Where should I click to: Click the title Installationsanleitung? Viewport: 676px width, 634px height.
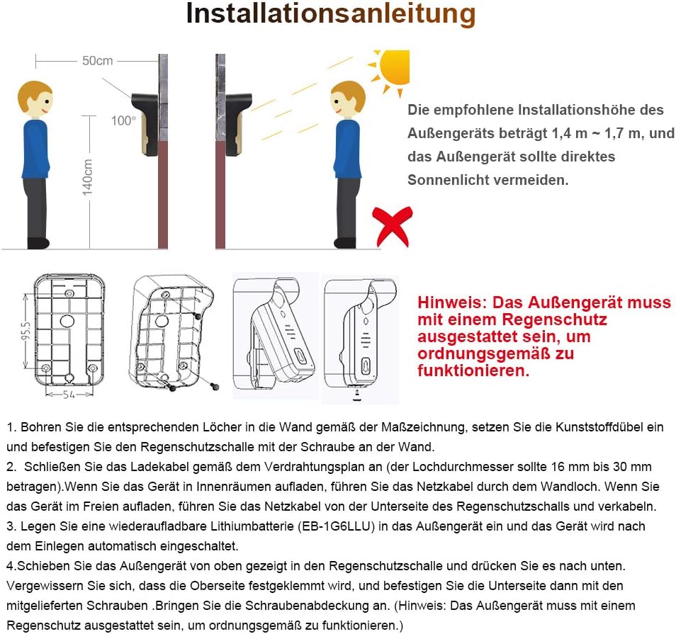[330, 14]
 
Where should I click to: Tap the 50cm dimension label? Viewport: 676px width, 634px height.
[97, 61]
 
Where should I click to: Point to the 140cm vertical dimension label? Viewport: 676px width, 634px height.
[88, 177]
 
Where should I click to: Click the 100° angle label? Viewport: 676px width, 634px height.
[123, 120]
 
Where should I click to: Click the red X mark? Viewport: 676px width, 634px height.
[393, 226]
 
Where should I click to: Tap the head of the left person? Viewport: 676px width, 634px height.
[35, 100]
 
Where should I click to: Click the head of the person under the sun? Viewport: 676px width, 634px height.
[347, 100]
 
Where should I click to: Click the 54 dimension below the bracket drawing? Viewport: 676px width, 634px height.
[68, 394]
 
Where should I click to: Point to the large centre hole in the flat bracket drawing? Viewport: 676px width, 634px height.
[67, 321]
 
